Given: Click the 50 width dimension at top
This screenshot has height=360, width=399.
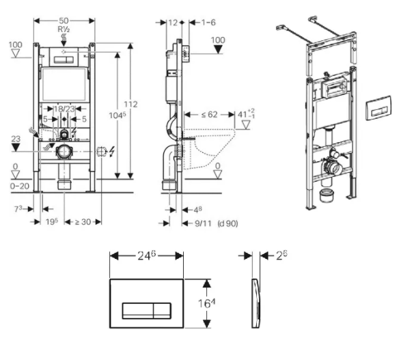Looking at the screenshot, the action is pos(64,20).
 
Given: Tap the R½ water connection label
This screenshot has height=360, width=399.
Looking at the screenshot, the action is pos(64,29).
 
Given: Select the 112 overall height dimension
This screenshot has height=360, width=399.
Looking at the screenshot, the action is pos(130,105).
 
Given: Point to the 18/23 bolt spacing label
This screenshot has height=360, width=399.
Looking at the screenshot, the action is pos(64,109).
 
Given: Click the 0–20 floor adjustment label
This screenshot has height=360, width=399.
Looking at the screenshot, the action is pos(20,186).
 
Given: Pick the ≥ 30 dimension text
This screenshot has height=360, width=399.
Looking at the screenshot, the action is pos(83,222).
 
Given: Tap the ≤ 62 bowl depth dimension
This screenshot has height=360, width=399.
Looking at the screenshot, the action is pos(209,115).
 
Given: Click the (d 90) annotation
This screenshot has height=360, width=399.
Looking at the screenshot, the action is pos(228,223).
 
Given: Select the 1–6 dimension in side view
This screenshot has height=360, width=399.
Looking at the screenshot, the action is pos(208,23).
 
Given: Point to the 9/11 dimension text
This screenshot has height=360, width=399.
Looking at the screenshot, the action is pos(203,223).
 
